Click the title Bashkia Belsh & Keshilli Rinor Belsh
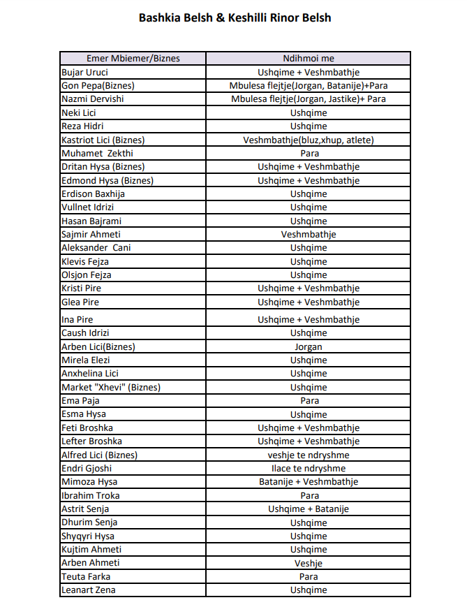(x=235, y=17)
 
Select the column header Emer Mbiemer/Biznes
(x=133, y=59)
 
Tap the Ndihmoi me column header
(x=309, y=59)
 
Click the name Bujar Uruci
(x=84, y=72)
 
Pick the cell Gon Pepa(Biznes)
(x=98, y=85)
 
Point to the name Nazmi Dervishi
(x=93, y=99)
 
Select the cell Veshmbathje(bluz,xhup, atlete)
(x=309, y=140)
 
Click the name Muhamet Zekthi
(x=97, y=153)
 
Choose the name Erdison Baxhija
(x=93, y=193)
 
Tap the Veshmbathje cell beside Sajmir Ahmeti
(x=309, y=235)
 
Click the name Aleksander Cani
(x=96, y=248)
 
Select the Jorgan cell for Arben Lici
(x=309, y=347)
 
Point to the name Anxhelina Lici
(x=90, y=374)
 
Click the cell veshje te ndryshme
(x=309, y=455)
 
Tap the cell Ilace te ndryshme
(x=309, y=469)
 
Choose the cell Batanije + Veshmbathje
(x=309, y=482)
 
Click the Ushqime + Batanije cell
(x=309, y=509)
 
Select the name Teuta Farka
(x=86, y=577)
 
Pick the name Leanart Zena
(x=89, y=590)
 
